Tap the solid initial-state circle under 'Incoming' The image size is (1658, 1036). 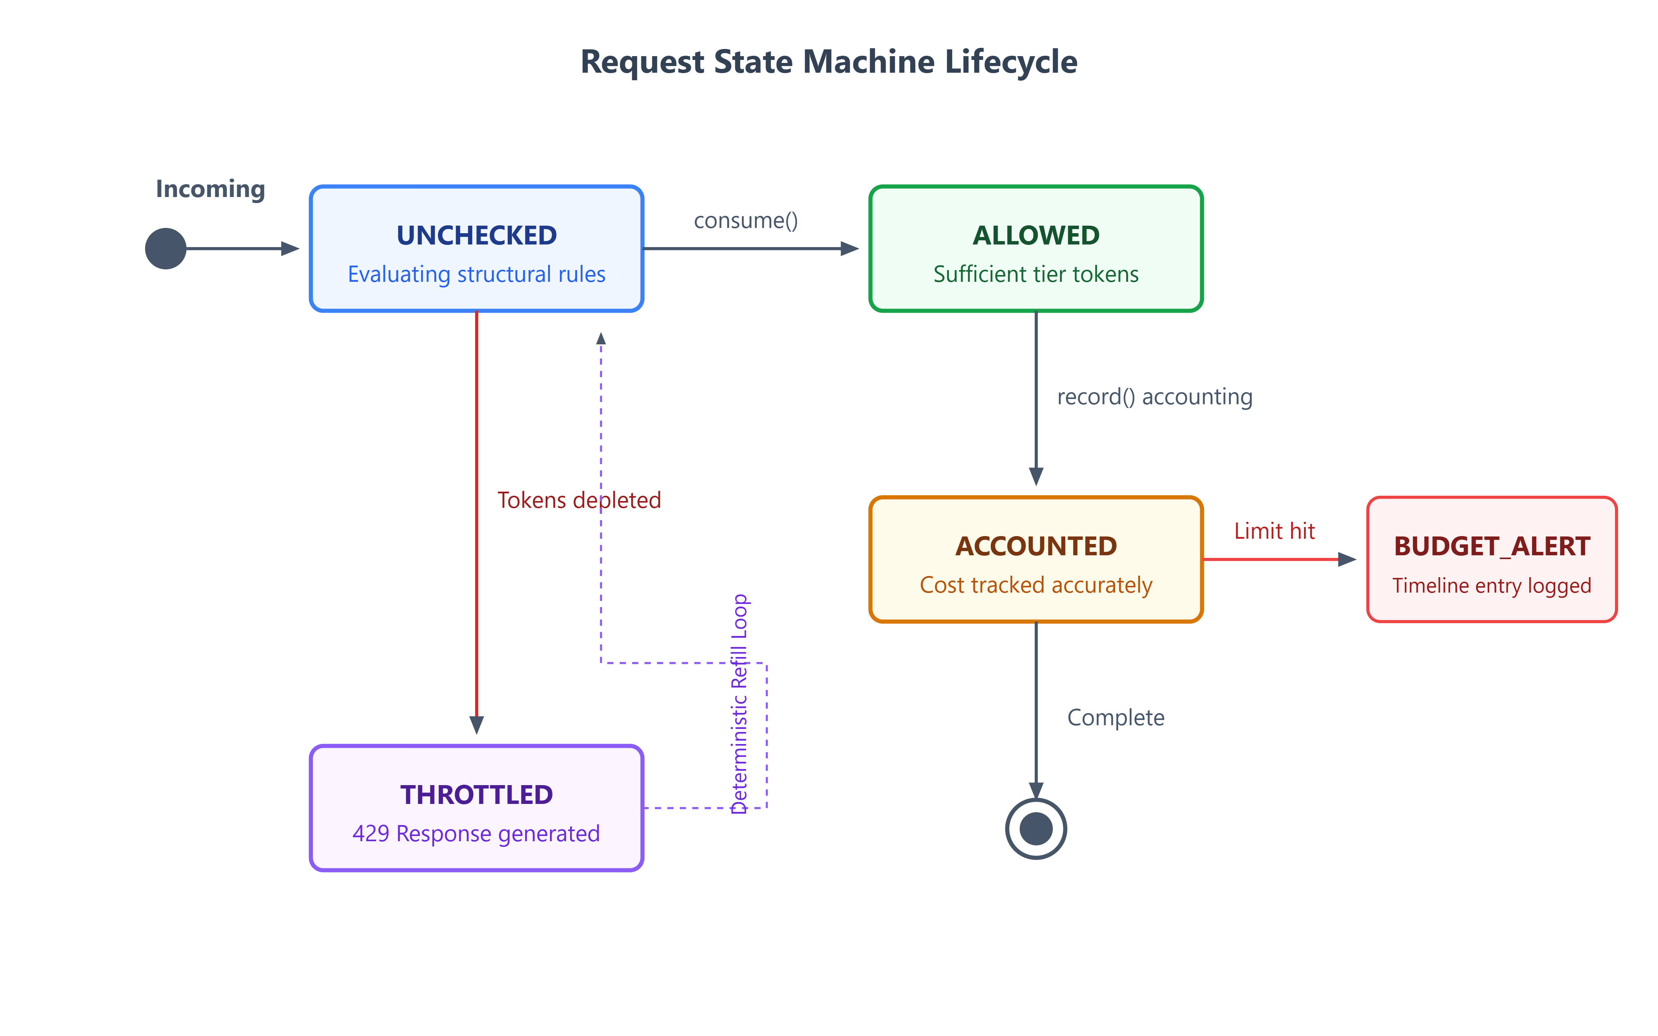click(x=166, y=249)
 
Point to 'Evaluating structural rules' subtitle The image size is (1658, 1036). click(x=477, y=274)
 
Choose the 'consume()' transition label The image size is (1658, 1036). click(x=746, y=221)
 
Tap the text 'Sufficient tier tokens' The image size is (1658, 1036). click(x=1036, y=274)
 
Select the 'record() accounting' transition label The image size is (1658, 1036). click(x=1155, y=397)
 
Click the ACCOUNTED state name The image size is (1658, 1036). click(x=1036, y=547)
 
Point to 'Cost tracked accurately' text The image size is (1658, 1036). click(x=1036, y=585)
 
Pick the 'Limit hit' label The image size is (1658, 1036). click(x=1274, y=531)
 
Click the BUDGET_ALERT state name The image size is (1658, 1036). click(x=1492, y=547)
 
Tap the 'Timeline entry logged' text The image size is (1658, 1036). click(x=1492, y=586)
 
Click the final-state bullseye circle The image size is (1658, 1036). click(x=1036, y=829)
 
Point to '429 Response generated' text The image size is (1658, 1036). click(x=477, y=834)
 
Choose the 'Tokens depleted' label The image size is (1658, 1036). click(x=580, y=500)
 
